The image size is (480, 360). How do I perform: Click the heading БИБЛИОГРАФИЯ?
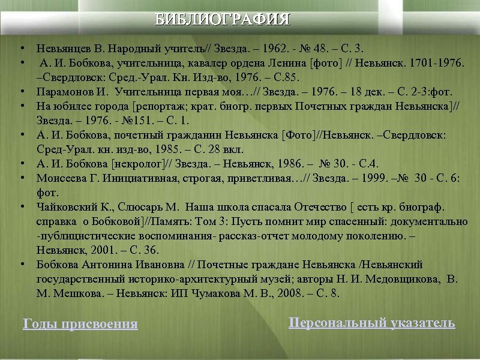(x=223, y=19)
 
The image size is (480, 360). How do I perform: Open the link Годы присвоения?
(x=80, y=325)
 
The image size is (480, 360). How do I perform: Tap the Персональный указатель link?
(x=372, y=323)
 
